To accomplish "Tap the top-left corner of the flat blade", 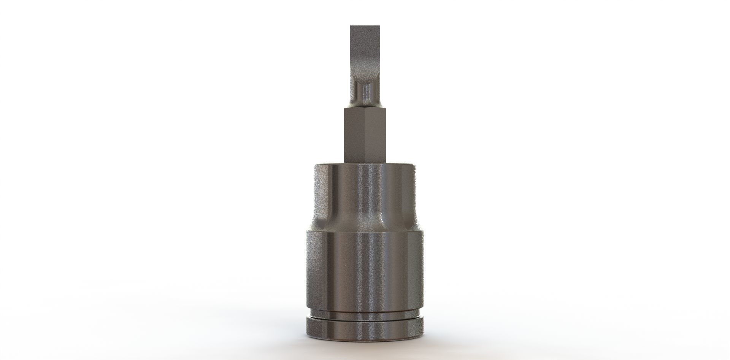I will [x=351, y=27].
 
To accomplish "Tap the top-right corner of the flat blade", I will [x=379, y=27].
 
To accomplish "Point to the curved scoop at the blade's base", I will [x=365, y=78].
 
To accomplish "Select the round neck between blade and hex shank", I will [x=365, y=93].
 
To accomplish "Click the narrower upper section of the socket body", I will [x=365, y=190].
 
